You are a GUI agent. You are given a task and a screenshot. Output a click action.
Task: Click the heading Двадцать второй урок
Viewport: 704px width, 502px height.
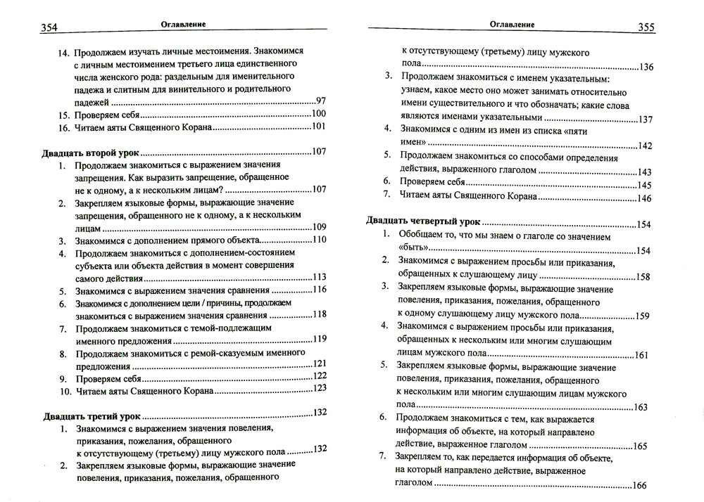click(89, 152)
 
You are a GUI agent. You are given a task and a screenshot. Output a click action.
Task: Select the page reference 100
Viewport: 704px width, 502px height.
click(318, 114)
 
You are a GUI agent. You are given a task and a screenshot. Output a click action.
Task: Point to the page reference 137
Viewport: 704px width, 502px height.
click(646, 120)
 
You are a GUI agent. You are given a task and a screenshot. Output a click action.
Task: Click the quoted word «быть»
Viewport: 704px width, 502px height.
click(412, 250)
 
